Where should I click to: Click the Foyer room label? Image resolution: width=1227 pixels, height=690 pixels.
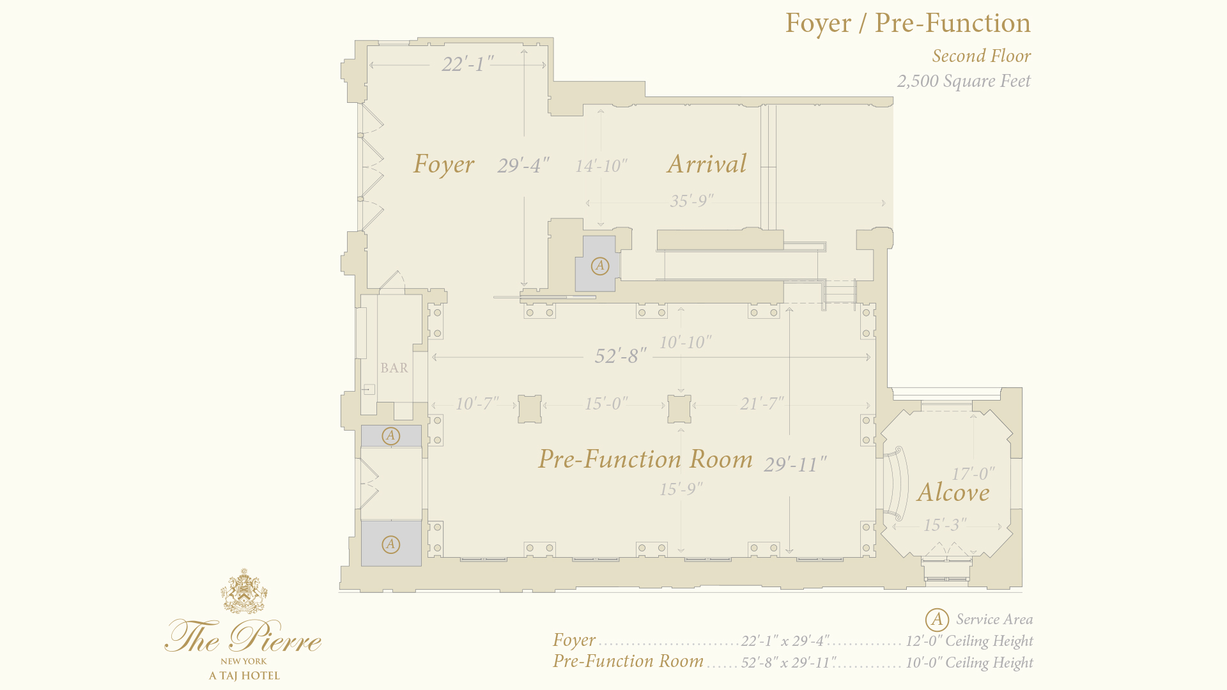(444, 164)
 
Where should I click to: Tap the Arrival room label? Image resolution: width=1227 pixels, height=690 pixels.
(707, 164)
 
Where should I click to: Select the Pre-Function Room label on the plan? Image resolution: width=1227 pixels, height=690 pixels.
(645, 459)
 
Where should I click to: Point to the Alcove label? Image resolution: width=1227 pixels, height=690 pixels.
(953, 492)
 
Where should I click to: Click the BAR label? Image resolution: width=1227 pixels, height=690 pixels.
(394, 368)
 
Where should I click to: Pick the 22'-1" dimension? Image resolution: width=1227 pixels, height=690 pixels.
(468, 64)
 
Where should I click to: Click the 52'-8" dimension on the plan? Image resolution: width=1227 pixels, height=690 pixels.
(621, 356)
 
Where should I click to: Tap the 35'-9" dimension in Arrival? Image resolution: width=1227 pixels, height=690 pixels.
(692, 201)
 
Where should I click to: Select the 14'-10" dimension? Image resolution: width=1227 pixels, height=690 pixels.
(601, 166)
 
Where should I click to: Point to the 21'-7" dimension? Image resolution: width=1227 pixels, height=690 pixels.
(762, 404)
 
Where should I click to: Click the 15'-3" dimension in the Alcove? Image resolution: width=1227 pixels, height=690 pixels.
(945, 525)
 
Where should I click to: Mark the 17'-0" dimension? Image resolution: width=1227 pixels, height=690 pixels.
(973, 474)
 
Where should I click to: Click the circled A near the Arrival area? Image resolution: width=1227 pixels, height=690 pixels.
(599, 266)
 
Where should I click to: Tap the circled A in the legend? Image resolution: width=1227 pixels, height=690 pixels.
(937, 619)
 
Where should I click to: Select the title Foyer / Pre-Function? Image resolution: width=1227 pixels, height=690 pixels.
(908, 23)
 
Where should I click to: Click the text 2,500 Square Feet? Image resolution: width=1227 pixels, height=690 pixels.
(964, 81)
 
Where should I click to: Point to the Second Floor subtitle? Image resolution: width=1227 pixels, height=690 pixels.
(982, 56)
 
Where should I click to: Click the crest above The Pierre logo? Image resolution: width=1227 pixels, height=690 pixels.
(243, 591)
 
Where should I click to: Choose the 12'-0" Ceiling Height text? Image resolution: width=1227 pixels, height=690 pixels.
(969, 641)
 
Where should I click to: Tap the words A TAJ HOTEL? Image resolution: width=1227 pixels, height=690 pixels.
(244, 675)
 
